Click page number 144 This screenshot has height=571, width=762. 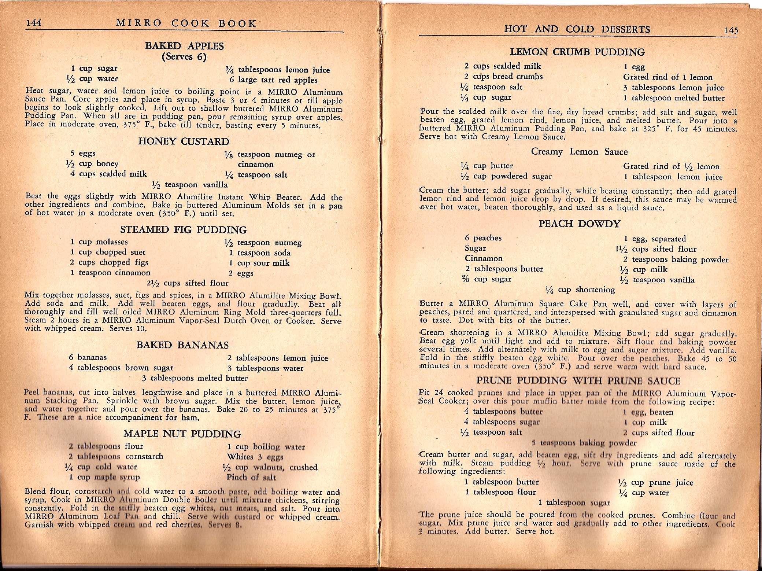click(x=33, y=23)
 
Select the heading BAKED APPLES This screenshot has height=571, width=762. click(x=184, y=46)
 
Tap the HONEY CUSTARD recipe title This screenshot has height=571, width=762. click(x=184, y=142)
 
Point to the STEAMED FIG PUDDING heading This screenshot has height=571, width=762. click(x=184, y=230)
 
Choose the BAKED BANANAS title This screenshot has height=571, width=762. click(x=182, y=345)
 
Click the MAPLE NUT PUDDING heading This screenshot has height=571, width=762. click(x=182, y=434)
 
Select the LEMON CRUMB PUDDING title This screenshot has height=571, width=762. click(x=577, y=52)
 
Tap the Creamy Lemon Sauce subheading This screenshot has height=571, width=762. click(x=579, y=152)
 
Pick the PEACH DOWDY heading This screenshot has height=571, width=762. click(x=579, y=224)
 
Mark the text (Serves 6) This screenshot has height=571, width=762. click(x=184, y=57)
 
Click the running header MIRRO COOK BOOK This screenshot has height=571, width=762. click(x=186, y=24)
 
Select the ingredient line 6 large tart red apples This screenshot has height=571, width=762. click(x=273, y=80)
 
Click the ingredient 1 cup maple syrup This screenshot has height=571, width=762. click(x=104, y=477)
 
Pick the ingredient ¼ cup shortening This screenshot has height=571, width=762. click(x=580, y=290)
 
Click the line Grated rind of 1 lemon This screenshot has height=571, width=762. click(x=668, y=77)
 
